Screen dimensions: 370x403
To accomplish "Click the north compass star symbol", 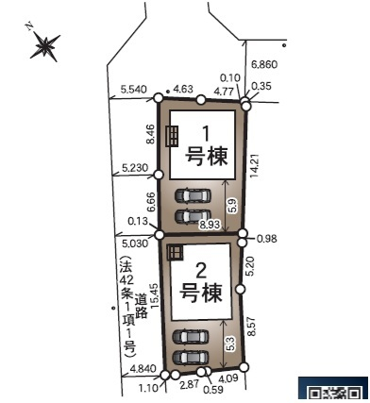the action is coord(45,46).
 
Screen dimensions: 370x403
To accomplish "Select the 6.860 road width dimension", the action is coord(264,65).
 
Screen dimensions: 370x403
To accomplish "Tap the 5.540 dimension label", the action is coord(133,90).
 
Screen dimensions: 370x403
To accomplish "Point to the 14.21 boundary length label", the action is coord(255,166).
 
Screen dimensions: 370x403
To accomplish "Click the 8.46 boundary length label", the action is coord(151,134).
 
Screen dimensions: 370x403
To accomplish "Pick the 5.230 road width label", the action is coord(135,168).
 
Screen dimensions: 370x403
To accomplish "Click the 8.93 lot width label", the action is coord(210,225).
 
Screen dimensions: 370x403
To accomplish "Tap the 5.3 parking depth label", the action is coord(230,344).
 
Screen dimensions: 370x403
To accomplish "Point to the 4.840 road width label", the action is coord(143,368).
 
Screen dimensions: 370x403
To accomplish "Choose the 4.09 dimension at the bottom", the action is coord(228,378).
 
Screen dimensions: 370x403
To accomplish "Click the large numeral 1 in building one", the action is coord(206,134).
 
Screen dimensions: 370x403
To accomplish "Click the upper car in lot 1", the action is coord(193,195).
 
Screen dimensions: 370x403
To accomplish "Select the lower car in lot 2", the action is coord(191,358).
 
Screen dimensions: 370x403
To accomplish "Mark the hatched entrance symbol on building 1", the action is coord(172,136).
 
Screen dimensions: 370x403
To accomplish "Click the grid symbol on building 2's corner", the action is coord(175,252).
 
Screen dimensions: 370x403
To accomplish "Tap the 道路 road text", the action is coord(142,307).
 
